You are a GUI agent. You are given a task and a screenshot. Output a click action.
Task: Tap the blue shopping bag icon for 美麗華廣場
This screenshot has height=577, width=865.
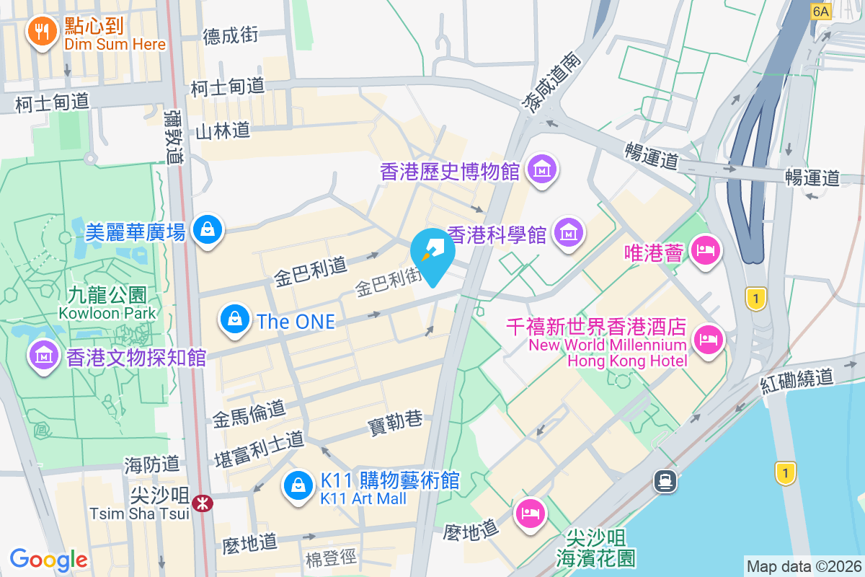click(x=208, y=230)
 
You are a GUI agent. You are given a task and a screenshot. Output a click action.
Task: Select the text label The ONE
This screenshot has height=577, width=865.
click(x=296, y=321)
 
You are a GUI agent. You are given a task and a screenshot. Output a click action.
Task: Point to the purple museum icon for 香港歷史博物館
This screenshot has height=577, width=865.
click(x=540, y=170)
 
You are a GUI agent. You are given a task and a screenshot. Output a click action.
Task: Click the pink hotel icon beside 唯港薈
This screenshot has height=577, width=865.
click(x=704, y=250)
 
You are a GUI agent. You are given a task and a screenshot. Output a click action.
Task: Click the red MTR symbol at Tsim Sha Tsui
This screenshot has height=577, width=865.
click(x=203, y=503)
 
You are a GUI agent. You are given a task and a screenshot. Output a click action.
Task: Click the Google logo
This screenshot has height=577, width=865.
click(x=48, y=559)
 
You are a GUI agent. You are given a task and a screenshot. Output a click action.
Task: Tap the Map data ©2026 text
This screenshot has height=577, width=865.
click(x=803, y=566)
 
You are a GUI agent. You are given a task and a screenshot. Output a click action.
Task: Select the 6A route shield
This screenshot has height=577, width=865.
click(x=821, y=11)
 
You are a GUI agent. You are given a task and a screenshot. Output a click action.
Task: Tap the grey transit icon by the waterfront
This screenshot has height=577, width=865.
click(x=665, y=480)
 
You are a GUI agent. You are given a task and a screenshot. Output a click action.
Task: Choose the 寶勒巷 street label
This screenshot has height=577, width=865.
click(x=395, y=423)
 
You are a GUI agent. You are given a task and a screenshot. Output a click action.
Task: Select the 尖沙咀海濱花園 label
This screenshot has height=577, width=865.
click(x=595, y=547)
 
